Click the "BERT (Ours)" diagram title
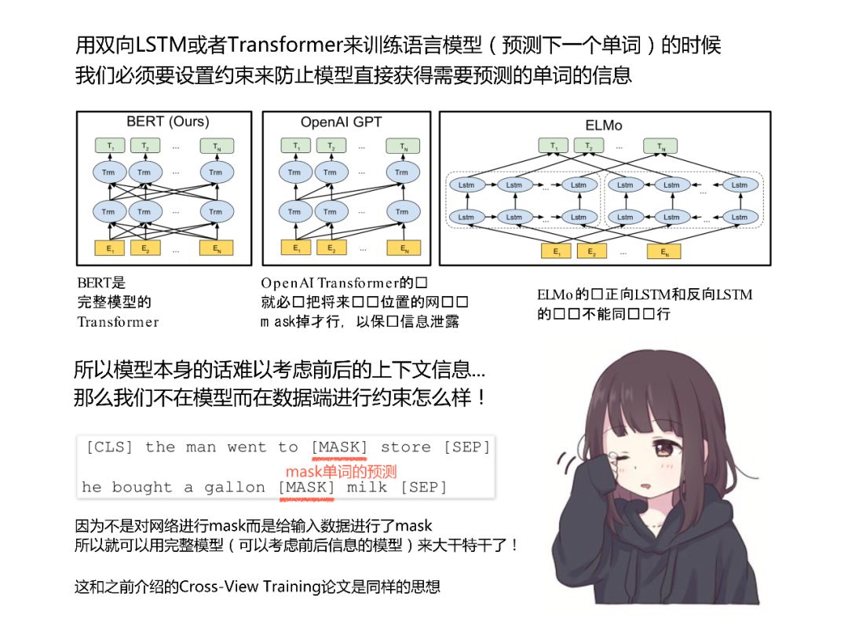click(167, 122)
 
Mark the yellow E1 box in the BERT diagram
click(110, 248)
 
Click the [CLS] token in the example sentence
click(109, 448)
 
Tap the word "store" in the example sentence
click(405, 448)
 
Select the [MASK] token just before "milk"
click(306, 488)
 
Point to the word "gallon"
click(234, 488)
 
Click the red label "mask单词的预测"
click(341, 471)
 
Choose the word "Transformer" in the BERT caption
click(118, 321)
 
